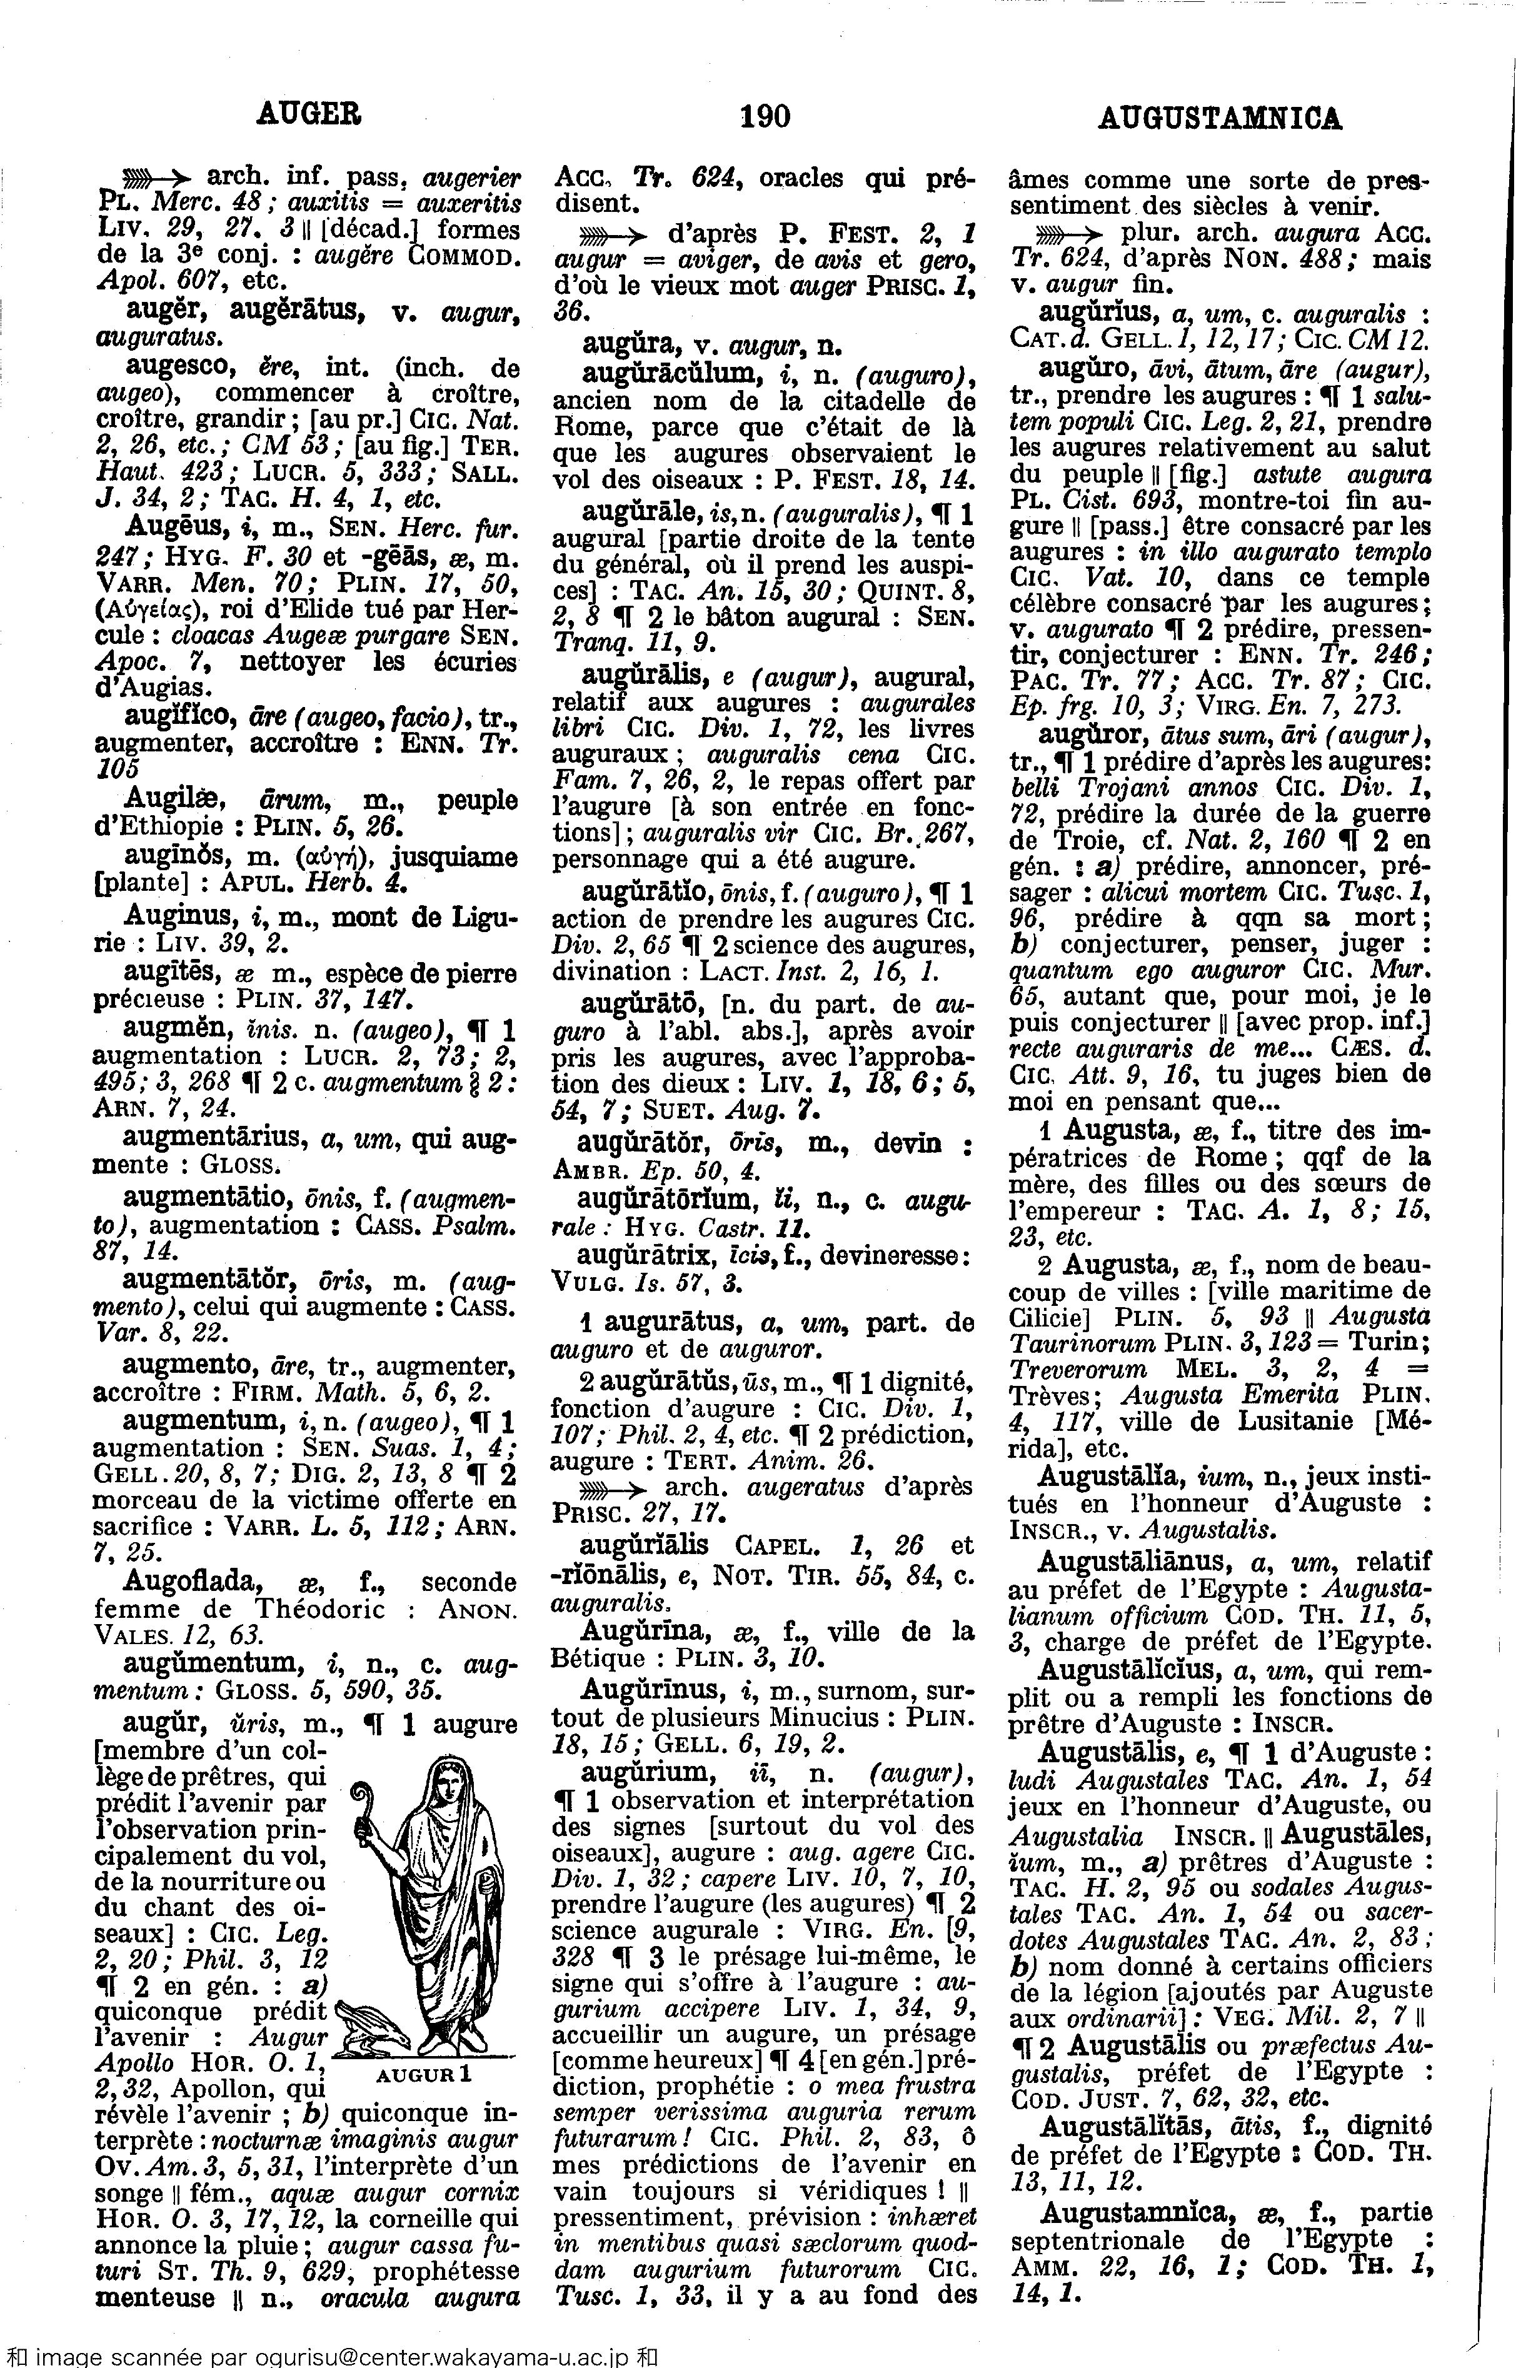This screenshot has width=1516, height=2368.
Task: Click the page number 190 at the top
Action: [x=764, y=117]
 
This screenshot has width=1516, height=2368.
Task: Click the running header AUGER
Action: [x=308, y=115]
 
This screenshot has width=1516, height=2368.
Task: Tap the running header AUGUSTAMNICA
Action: [x=1218, y=119]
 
